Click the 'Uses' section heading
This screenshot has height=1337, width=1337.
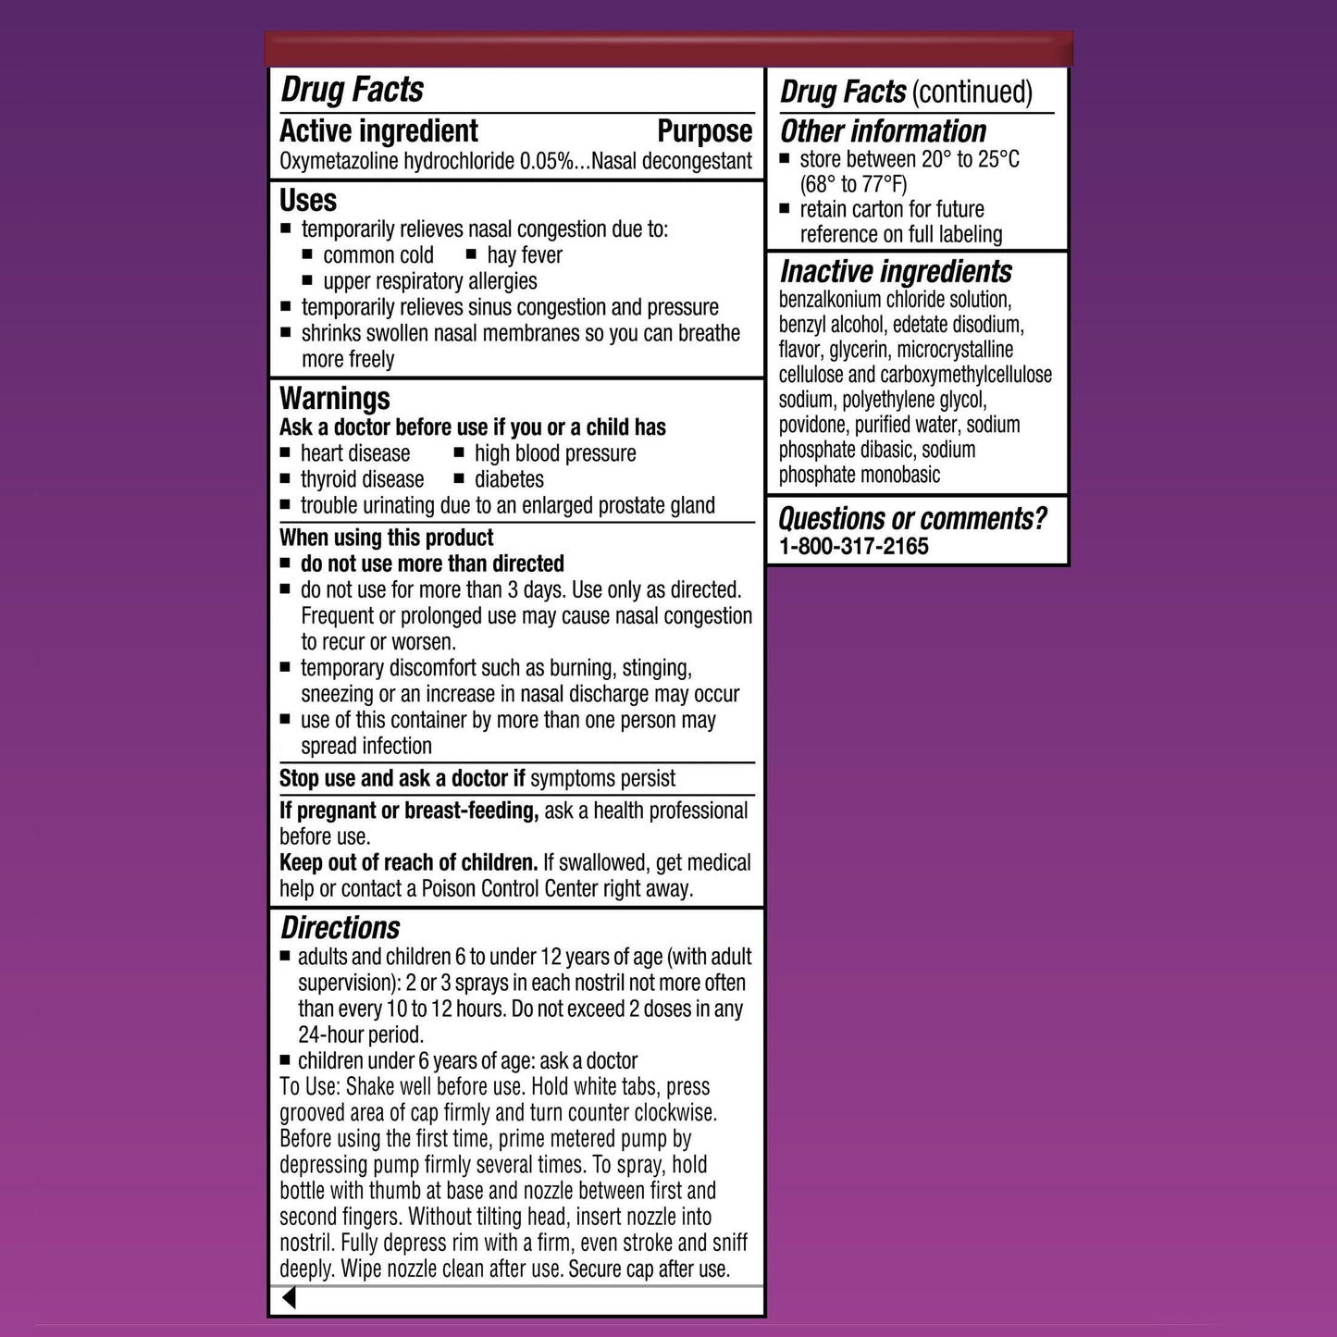coord(308,201)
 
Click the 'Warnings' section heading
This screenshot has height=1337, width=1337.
coord(335,399)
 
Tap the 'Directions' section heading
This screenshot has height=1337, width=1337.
coord(340,928)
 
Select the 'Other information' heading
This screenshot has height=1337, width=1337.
coord(883,131)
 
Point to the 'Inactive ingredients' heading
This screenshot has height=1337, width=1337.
coord(896,272)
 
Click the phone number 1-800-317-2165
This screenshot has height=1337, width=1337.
coord(853,547)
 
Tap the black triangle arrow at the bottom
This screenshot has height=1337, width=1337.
coord(289,1298)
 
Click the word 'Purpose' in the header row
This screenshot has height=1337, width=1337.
coord(704,131)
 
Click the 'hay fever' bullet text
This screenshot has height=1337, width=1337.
coord(524,255)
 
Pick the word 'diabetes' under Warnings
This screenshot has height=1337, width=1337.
coord(509,479)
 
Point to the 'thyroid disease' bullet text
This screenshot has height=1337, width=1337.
coord(362,479)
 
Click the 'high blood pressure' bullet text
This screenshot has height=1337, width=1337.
coord(555,453)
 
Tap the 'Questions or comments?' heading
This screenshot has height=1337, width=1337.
coord(912,519)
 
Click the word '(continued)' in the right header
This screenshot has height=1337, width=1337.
coord(972,92)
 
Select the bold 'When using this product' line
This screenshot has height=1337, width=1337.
coord(387,538)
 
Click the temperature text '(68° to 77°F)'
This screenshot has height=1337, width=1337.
coord(853,184)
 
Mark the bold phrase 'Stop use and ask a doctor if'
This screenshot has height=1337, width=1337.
coord(402,779)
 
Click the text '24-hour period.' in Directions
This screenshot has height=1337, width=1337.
coord(361,1035)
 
